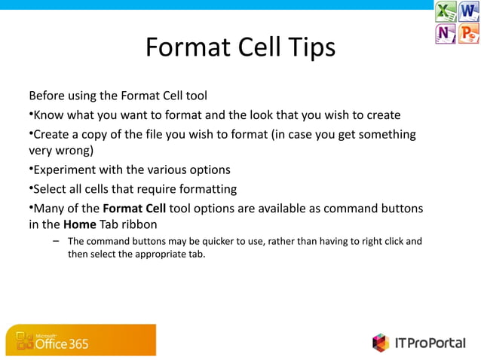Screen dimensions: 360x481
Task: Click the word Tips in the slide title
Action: (x=309, y=47)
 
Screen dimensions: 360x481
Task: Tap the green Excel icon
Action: (x=446, y=12)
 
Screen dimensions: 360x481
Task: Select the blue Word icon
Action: (x=468, y=12)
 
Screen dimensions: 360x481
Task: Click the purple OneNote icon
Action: (x=446, y=34)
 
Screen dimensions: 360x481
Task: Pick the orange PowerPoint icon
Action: (x=468, y=34)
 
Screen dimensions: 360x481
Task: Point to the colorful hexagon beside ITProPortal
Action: (x=381, y=343)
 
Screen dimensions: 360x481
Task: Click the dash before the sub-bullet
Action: (x=56, y=241)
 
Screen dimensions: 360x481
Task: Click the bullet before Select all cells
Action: (x=31, y=188)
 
